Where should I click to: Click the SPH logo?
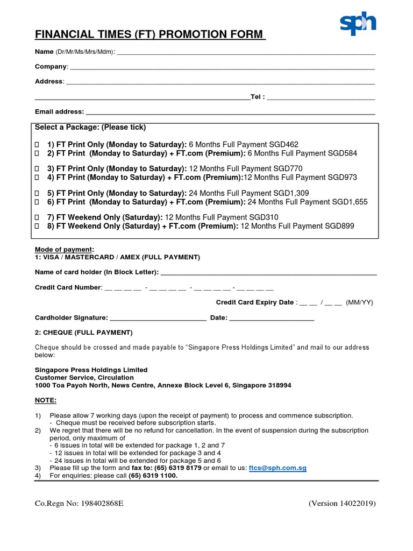pos(358,24)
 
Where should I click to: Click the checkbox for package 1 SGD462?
pos(37,145)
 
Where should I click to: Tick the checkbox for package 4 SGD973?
pos(37,178)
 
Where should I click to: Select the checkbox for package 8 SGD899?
pos(37,227)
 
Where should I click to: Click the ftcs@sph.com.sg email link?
pos(277,468)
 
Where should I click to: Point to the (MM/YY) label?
pos(359,302)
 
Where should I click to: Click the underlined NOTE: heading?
pos(46,401)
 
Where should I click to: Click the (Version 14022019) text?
pos(342,504)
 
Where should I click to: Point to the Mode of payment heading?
pos(64,250)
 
